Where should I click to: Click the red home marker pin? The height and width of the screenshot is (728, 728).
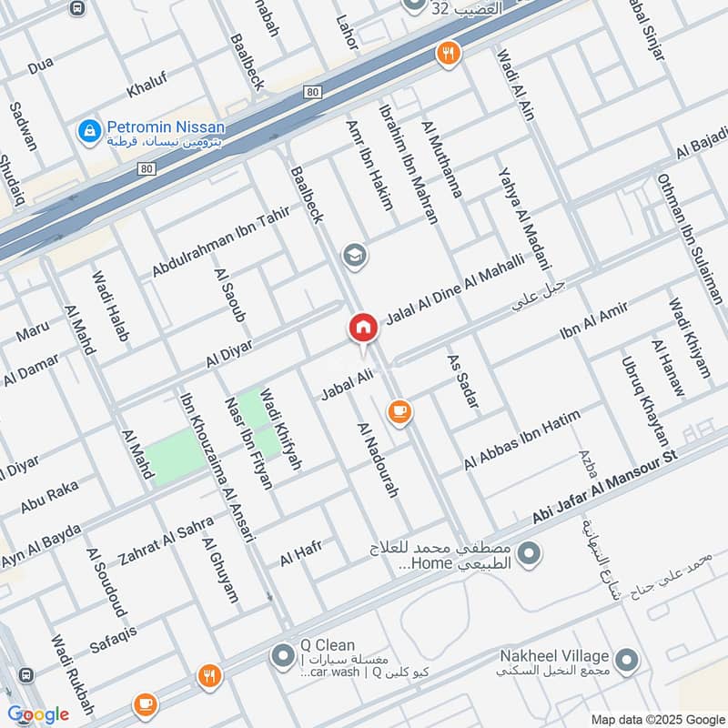point(362,329)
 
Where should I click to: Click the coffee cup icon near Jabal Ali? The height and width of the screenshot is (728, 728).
point(399,412)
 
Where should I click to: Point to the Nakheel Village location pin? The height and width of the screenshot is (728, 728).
point(626,659)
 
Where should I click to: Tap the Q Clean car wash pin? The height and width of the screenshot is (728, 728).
point(283,655)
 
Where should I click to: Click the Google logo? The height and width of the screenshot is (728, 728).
point(38,713)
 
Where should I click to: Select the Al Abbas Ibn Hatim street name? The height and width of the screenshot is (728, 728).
point(521,440)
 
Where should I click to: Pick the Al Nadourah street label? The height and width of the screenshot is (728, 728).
point(379,460)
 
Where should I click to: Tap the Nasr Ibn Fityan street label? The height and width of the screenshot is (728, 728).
point(248,443)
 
